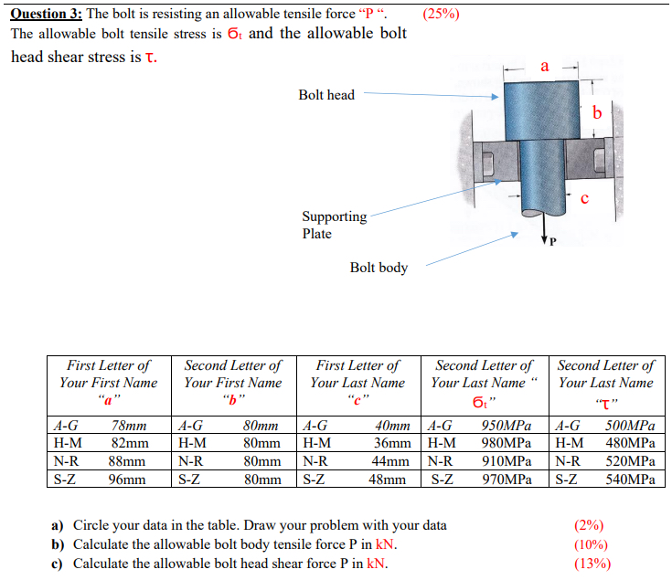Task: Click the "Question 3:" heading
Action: pyautogui.click(x=45, y=13)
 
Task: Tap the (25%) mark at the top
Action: pyautogui.click(x=443, y=14)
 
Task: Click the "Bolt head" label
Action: pyautogui.click(x=326, y=95)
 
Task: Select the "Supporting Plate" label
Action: pyautogui.click(x=334, y=225)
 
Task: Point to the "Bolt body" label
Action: pyautogui.click(x=379, y=268)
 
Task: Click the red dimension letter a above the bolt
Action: pyautogui.click(x=545, y=66)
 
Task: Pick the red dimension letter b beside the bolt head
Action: pyautogui.click(x=597, y=112)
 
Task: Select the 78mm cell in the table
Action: pyautogui.click(x=129, y=426)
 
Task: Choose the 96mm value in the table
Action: pyautogui.click(x=128, y=478)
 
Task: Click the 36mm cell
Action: pyautogui.click(x=391, y=443)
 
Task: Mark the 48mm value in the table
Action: pyautogui.click(x=391, y=478)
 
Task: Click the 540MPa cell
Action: pyautogui.click(x=630, y=478)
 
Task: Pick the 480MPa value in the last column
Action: pyautogui.click(x=630, y=443)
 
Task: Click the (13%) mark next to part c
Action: pyautogui.click(x=592, y=563)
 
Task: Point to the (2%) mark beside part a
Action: pyautogui.click(x=589, y=525)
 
